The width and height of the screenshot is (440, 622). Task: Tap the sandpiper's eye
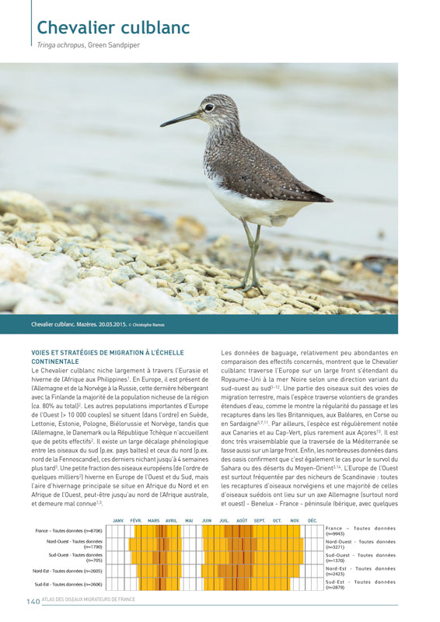tap(209, 107)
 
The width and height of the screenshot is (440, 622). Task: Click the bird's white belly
tap(249, 205)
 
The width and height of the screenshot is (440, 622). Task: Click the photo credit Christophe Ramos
tap(148, 324)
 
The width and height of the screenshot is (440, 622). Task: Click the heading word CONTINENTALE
tap(54, 362)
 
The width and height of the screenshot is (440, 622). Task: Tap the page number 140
tap(33, 601)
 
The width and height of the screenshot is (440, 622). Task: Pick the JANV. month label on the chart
tap(119, 520)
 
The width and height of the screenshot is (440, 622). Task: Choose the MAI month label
tap(189, 520)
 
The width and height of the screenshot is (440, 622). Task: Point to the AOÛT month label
tap(242, 520)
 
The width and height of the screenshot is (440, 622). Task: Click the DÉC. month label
tap(313, 520)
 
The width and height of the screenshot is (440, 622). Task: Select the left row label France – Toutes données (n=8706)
tap(68, 530)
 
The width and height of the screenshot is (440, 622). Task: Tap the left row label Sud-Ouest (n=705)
tap(75, 557)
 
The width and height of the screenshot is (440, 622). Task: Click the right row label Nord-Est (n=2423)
tap(360, 571)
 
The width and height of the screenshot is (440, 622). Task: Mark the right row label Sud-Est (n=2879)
tap(360, 584)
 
